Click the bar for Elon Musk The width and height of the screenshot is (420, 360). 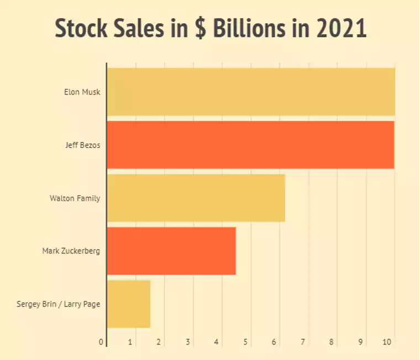251,92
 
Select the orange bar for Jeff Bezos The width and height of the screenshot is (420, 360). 250,145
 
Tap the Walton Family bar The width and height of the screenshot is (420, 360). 196,198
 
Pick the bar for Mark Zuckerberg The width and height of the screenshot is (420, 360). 171,251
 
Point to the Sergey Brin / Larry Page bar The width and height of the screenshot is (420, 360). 128,304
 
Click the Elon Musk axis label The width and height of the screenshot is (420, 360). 82,92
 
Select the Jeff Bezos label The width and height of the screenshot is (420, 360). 83,145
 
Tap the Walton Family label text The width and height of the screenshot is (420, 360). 75,198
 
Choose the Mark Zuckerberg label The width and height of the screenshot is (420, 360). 71,251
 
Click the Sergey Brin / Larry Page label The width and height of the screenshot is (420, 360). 59,304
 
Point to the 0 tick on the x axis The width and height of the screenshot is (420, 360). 101,342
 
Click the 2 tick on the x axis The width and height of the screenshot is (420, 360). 159,342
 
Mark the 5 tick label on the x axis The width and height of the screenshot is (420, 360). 245,342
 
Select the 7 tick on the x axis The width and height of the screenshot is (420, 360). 303,342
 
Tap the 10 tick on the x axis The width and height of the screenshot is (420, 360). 387,342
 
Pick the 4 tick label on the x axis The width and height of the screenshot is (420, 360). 216,342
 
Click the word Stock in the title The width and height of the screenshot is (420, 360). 81,29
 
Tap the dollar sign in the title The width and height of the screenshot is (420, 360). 201,29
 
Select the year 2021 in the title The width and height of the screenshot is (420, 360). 342,29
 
